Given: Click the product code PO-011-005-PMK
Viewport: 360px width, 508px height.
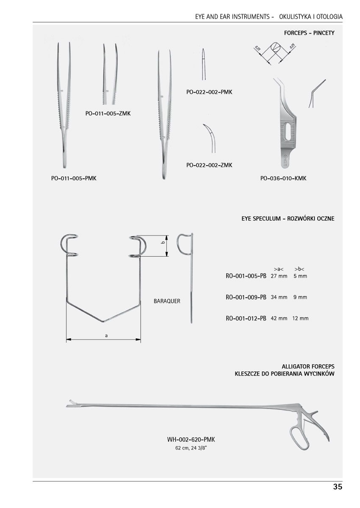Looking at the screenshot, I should (x=74, y=178).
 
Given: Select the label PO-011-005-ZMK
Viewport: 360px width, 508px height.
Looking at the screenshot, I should (x=108, y=113).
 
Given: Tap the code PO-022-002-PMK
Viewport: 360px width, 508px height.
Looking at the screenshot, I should (x=209, y=92).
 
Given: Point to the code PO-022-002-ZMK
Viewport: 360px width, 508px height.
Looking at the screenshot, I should (x=209, y=165).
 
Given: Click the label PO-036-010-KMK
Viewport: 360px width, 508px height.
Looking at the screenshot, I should (x=283, y=178).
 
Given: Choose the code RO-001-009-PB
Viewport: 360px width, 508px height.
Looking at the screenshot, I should (x=246, y=297).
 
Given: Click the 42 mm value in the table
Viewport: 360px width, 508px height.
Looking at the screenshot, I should (x=279, y=318).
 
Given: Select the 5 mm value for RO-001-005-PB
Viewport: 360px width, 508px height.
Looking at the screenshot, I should (x=300, y=276).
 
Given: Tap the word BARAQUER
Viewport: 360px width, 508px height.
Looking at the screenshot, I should (x=167, y=301).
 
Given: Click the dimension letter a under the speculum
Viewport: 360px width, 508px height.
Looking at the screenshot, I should (x=107, y=336).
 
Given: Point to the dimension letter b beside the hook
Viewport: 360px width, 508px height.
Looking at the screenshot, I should (x=163, y=243).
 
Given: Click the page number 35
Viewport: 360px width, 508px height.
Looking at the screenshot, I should (x=337, y=487).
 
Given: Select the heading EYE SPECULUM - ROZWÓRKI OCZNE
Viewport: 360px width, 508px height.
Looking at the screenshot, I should (x=288, y=219).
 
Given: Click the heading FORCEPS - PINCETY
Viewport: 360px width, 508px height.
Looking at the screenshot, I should (x=309, y=33).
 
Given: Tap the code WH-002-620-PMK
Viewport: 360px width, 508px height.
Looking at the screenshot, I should (x=194, y=440).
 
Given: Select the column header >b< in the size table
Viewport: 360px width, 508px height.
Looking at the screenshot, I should (x=299, y=269).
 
